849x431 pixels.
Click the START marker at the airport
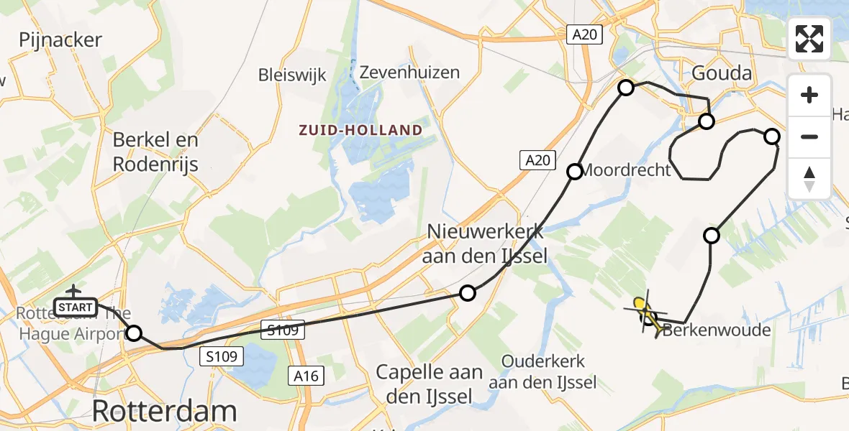[74, 307]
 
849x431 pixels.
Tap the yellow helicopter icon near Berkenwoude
[648, 315]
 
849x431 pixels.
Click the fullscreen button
[809, 39]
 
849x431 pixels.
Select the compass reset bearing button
[809, 179]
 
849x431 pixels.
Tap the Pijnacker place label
[60, 40]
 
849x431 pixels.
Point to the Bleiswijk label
[292, 75]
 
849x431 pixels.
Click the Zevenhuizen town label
[409, 73]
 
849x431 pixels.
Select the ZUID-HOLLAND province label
[360, 130]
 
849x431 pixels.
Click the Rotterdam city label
[165, 411]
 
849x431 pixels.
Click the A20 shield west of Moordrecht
[538, 161]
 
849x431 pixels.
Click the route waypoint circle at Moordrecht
[575, 171]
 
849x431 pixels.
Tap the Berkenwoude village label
[716, 330]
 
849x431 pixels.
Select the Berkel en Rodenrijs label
[155, 152]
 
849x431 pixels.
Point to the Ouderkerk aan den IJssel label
[542, 372]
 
